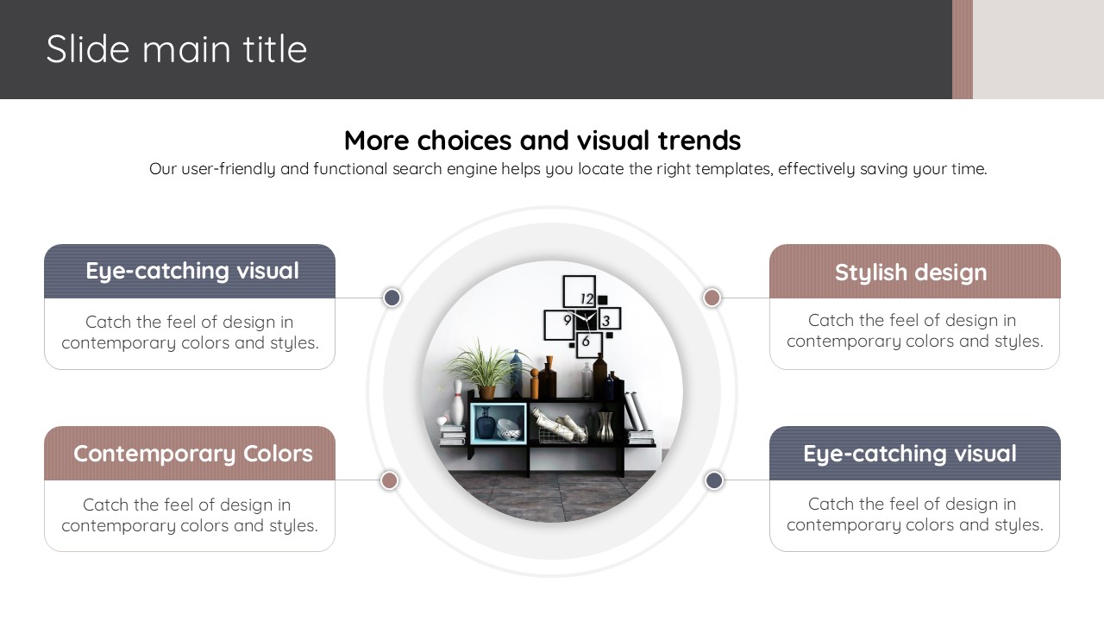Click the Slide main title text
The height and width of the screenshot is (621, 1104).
click(177, 49)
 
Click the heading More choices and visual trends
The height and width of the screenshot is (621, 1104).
click(543, 141)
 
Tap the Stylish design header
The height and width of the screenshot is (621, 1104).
click(915, 272)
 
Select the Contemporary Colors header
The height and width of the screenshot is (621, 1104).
click(190, 454)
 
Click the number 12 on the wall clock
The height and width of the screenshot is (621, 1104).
click(586, 298)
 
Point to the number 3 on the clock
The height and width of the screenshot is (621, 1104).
click(606, 321)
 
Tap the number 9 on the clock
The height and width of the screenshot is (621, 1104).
click(568, 320)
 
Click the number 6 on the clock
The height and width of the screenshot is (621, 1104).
click(586, 341)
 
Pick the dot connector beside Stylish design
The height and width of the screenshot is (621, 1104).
click(712, 298)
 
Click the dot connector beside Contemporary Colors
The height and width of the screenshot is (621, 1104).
click(389, 480)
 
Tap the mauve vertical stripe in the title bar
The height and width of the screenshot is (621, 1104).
click(962, 49)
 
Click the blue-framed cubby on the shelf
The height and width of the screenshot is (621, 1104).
click(499, 423)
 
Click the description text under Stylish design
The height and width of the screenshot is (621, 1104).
click(915, 330)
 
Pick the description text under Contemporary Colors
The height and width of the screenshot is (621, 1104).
click(190, 515)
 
